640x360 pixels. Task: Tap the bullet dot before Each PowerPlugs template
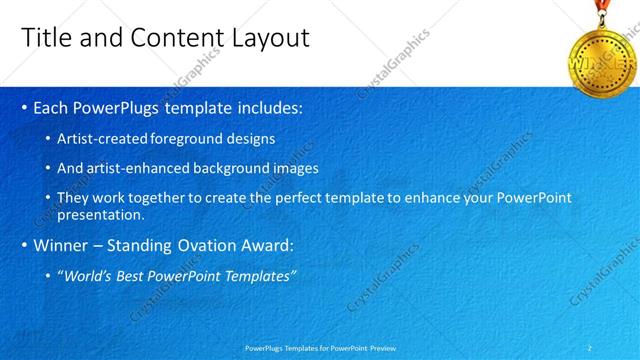pos(24,108)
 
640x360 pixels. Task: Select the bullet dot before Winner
pos(24,244)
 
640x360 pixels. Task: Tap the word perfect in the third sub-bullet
pos(311,198)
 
